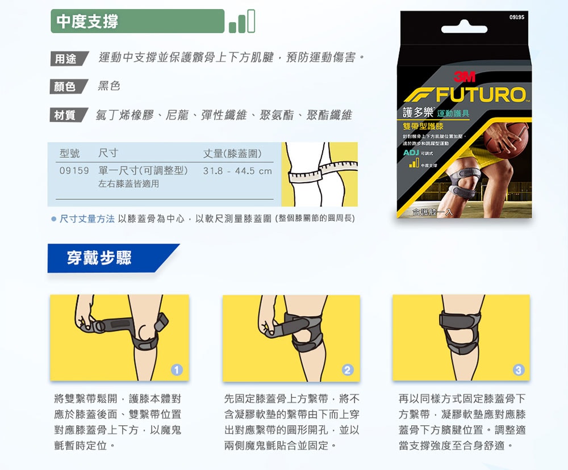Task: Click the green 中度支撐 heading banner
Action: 136,22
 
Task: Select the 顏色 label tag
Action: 66,87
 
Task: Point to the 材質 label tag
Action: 66,115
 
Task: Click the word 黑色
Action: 109,86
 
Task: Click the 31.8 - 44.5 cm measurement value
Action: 237,171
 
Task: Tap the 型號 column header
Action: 70,154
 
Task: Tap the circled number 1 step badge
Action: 177,370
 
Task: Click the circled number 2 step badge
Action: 348,370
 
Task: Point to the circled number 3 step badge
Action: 517,370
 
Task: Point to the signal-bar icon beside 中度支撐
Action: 243,22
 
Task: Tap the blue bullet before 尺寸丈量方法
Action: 53,219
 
